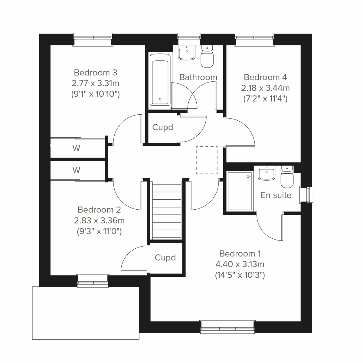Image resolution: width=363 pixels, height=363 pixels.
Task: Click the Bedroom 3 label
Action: tap(95, 73)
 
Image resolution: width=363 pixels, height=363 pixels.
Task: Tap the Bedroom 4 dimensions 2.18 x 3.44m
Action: tap(265, 88)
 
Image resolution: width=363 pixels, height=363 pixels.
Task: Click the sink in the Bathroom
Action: tap(186, 53)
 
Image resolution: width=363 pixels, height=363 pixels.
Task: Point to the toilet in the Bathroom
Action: tap(207, 57)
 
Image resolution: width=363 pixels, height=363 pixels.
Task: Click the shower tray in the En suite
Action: tap(240, 191)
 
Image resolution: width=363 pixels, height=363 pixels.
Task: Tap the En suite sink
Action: tap(266, 173)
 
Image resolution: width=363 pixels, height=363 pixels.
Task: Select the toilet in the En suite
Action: tap(287, 176)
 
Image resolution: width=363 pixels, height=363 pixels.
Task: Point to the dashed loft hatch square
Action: tap(207, 160)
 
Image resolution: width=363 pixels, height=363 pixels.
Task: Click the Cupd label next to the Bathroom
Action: tap(163, 127)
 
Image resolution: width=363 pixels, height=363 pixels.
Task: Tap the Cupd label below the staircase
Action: tap(165, 258)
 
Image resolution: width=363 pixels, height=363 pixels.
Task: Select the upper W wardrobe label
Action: tap(76, 148)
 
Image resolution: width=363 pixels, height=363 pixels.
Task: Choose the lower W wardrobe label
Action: tap(76, 170)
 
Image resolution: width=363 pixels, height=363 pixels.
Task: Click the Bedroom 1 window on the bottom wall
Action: tap(227, 327)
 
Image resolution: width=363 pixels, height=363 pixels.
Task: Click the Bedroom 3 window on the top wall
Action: tap(93, 39)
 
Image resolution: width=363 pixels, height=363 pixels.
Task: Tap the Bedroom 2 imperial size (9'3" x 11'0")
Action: tap(99, 232)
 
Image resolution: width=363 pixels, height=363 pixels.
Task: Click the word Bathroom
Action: tap(198, 77)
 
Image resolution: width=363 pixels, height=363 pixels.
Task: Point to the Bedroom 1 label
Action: tap(240, 253)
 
